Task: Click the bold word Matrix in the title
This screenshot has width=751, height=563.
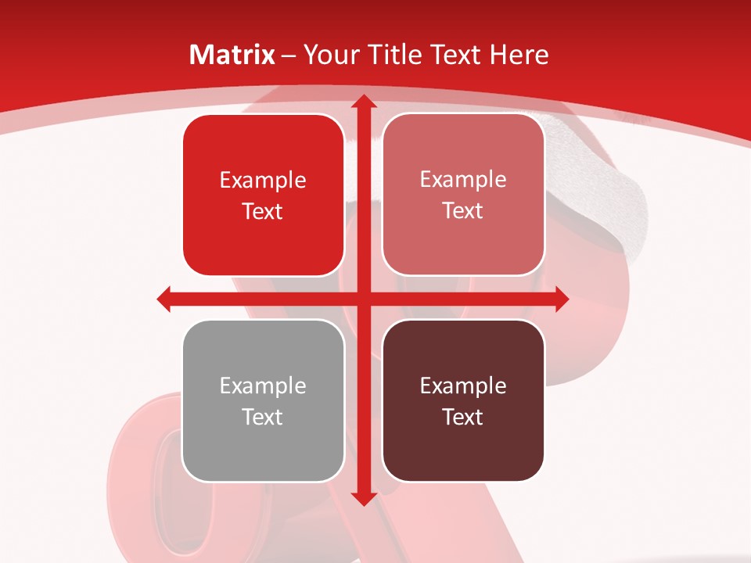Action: pos(232,55)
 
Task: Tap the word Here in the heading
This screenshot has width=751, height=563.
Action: pos(519,55)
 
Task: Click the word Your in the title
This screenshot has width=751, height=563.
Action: pos(332,55)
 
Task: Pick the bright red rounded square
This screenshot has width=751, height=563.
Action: pos(263,195)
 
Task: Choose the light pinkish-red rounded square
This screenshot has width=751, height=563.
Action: pos(463,195)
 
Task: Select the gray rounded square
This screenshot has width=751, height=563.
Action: pos(263,400)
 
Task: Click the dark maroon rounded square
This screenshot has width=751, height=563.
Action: pos(463,400)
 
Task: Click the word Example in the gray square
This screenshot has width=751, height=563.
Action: pos(263,385)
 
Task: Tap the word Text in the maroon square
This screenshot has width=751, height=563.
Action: pos(463,417)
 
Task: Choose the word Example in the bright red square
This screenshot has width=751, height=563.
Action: pos(263,180)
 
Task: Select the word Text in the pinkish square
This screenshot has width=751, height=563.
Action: pos(463,210)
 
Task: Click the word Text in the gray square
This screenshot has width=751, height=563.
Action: pos(263,417)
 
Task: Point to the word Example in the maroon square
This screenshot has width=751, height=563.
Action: pos(463,385)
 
